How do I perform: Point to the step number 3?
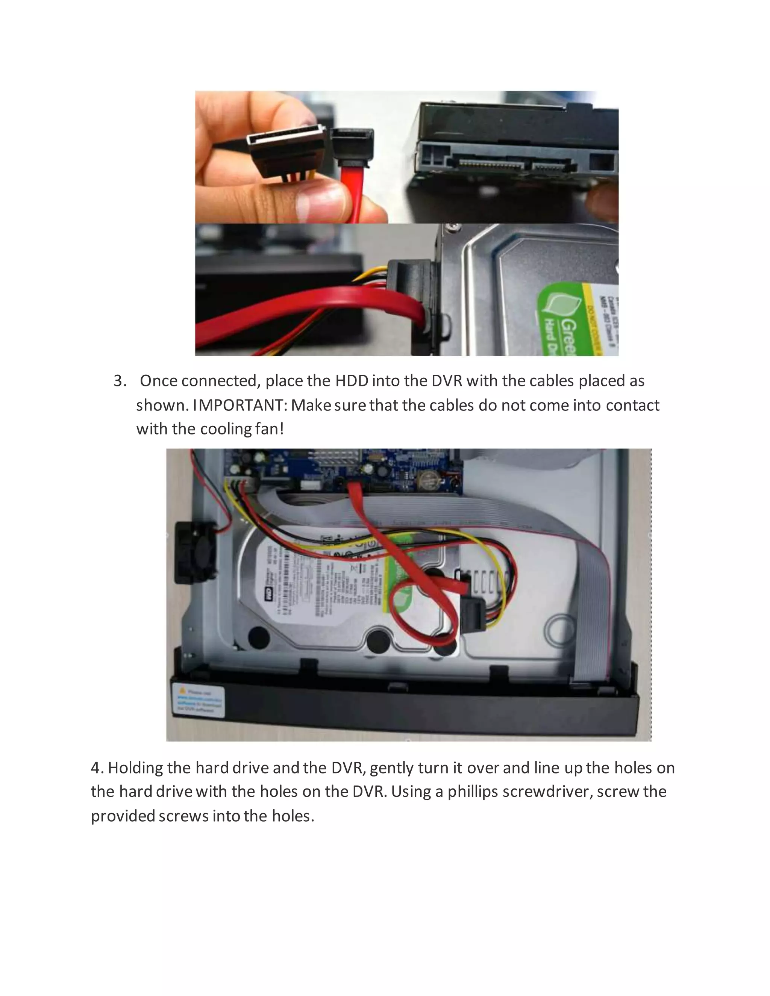(119, 381)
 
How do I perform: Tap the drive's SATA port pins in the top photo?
(488, 163)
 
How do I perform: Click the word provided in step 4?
(123, 816)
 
